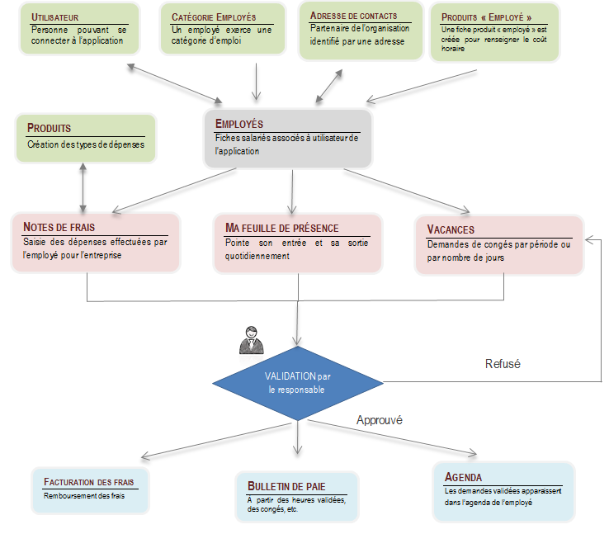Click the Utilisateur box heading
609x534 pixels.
(x=54, y=17)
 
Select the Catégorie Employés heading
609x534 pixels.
(x=214, y=17)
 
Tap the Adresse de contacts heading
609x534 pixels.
(x=353, y=16)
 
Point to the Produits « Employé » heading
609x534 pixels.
(x=486, y=17)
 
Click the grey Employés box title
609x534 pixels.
(x=239, y=124)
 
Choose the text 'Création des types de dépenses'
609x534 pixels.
(x=86, y=144)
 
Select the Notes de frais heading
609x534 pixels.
(x=59, y=227)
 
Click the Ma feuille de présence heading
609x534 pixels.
(x=282, y=228)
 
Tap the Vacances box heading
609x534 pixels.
(x=451, y=229)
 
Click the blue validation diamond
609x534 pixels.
(x=298, y=383)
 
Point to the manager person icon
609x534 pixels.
(x=252, y=340)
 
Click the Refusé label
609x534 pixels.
(x=503, y=364)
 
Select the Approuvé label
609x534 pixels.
(x=380, y=420)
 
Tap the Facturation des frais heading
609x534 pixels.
(x=88, y=482)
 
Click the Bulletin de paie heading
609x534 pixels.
(x=286, y=486)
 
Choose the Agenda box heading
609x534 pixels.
(x=463, y=477)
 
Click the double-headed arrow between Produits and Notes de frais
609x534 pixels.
(x=83, y=188)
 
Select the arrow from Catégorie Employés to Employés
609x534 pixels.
(x=257, y=82)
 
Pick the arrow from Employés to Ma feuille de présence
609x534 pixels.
(x=292, y=191)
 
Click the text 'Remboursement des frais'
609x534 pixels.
(x=84, y=496)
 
